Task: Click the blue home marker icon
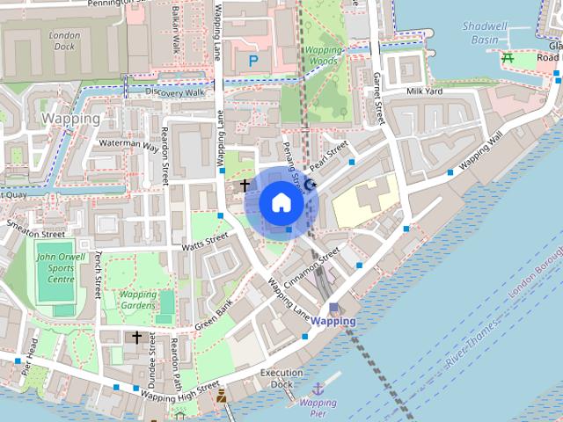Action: click(281, 202)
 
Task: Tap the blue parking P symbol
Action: click(253, 62)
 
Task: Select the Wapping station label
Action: click(334, 321)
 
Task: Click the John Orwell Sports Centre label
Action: click(55, 268)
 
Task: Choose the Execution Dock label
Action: click(281, 378)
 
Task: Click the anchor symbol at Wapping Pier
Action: click(318, 388)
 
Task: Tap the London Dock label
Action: click(65, 41)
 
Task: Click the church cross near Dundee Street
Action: click(136, 337)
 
